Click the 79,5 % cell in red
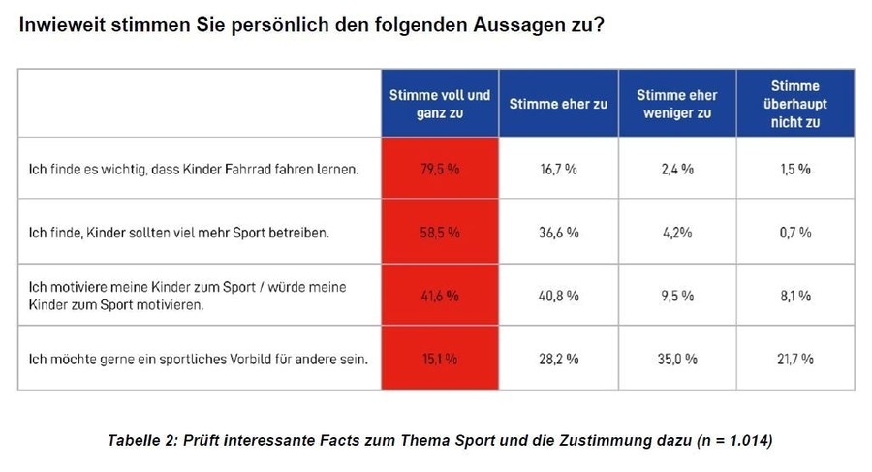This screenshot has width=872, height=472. point(440,169)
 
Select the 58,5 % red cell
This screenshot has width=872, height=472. point(440,233)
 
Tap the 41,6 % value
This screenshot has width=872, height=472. point(440,296)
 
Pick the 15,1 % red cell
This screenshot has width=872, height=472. point(440,359)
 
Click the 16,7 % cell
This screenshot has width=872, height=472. point(558,169)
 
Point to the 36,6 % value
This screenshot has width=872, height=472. point(558,233)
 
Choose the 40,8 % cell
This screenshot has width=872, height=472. point(558,296)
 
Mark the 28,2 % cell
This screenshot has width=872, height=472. point(558,359)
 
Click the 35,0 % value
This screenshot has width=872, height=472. point(676,359)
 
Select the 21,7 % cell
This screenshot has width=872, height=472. point(794,359)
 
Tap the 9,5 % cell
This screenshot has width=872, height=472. point(676,296)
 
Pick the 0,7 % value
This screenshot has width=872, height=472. point(794,233)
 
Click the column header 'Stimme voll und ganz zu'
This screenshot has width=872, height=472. point(440,104)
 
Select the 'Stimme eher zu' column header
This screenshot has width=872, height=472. point(558,104)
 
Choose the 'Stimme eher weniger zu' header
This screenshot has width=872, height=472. point(676,104)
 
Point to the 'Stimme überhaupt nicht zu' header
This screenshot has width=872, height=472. point(794,104)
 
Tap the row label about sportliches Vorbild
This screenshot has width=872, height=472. point(198,359)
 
